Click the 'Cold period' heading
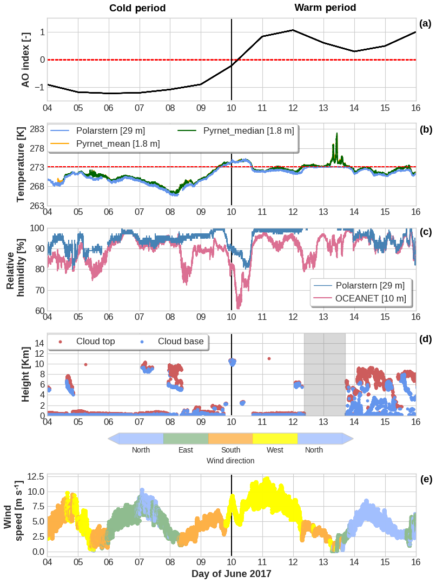[137, 8]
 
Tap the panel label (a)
[425, 23]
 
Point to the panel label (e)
[425, 479]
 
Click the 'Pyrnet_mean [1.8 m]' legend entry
[118, 143]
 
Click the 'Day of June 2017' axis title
[232, 573]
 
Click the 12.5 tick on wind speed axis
[35, 477]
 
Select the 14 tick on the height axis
[39, 343]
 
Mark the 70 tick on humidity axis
[39, 290]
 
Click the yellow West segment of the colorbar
[275, 438]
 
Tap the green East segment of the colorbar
[186, 438]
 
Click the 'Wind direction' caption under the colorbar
[230, 461]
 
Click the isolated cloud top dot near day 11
[269, 358]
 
